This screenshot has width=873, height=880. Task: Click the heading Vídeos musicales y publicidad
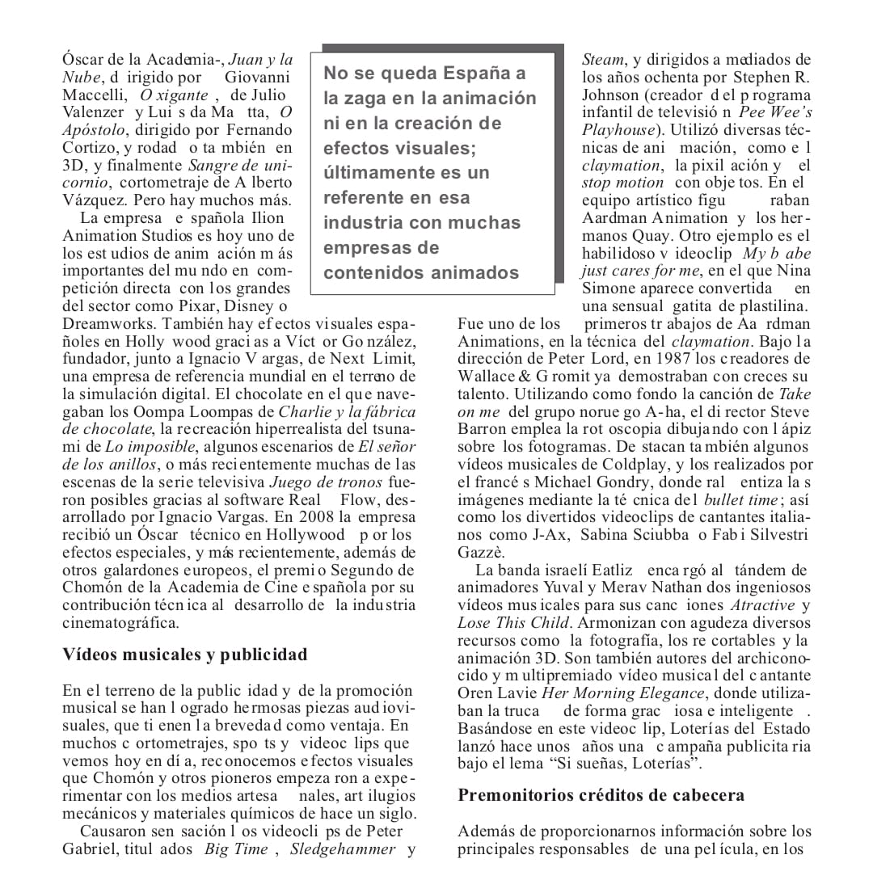pos(185,655)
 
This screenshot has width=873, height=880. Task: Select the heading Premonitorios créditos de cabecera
pos(601,795)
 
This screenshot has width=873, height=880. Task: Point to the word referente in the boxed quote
pos(364,198)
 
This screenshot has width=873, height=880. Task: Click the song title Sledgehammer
pos(343,849)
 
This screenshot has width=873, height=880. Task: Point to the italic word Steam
pos(603,60)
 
